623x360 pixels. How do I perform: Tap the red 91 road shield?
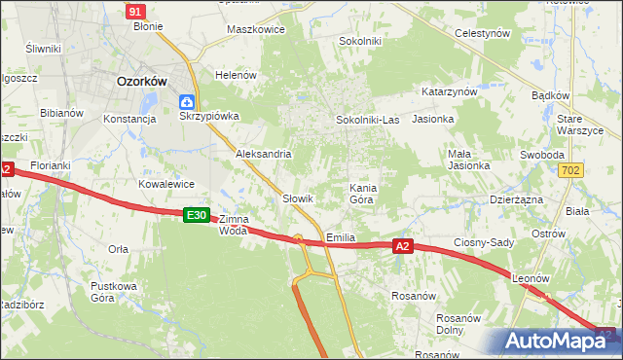click(x=136, y=11)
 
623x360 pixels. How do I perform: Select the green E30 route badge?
click(x=197, y=215)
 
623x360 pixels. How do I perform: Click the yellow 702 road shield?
click(x=573, y=171)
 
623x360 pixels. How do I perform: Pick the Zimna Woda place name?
click(x=234, y=225)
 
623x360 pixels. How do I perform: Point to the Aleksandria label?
click(x=264, y=154)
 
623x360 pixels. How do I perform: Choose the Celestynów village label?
click(x=483, y=32)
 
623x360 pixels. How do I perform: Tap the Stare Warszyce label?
click(x=582, y=124)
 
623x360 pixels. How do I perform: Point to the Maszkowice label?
click(x=255, y=29)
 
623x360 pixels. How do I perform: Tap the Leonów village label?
click(x=531, y=278)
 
